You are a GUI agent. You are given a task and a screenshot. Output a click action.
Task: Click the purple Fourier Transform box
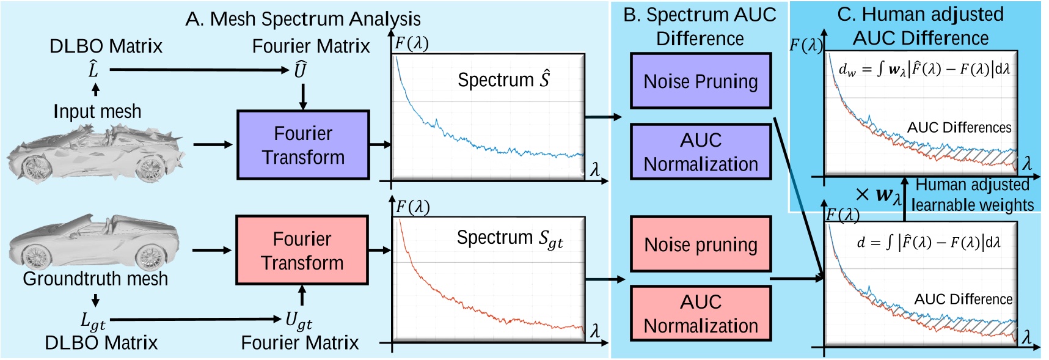pyautogui.click(x=303, y=145)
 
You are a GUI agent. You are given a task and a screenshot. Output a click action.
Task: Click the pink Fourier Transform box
pyautogui.click(x=302, y=250)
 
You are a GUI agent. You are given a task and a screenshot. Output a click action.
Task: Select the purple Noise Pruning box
pyautogui.click(x=701, y=81)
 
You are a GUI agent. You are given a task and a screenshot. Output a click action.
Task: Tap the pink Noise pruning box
pyautogui.click(x=701, y=244)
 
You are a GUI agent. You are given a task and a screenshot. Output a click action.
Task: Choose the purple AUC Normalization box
pyautogui.click(x=701, y=152)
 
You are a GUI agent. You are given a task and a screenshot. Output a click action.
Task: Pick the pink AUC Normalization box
pyautogui.click(x=701, y=314)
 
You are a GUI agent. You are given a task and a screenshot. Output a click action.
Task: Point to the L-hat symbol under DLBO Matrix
pyautogui.click(x=93, y=70)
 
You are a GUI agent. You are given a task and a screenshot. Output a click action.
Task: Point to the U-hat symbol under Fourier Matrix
pyautogui.click(x=299, y=70)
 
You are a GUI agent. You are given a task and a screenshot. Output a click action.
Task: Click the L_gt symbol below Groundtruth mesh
pyautogui.click(x=93, y=320)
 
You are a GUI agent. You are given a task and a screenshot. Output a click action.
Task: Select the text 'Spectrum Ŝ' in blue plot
pyautogui.click(x=503, y=79)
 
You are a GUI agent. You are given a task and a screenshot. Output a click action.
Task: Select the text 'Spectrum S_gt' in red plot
pyautogui.click(x=510, y=238)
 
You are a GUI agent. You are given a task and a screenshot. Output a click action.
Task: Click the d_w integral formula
pyautogui.click(x=924, y=69)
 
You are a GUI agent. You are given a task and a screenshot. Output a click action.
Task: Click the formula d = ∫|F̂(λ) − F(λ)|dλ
pyautogui.click(x=928, y=243)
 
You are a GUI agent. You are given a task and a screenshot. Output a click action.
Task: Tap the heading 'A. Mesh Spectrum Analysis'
pyautogui.click(x=303, y=19)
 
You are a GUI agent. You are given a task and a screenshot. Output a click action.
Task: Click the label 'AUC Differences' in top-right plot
pyautogui.click(x=959, y=128)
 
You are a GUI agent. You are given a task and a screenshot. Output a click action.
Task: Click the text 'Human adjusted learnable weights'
pyautogui.click(x=972, y=195)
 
